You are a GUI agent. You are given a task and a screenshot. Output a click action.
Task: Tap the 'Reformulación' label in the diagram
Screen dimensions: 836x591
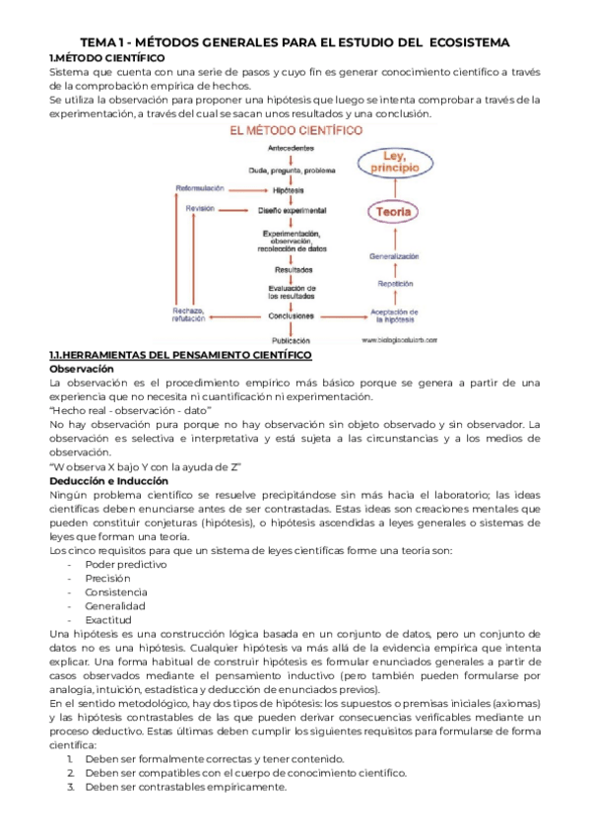(200, 188)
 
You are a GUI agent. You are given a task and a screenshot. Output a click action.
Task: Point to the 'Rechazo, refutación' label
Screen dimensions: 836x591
(187, 314)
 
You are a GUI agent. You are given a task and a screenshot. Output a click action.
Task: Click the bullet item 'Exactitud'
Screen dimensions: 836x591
(110, 618)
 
